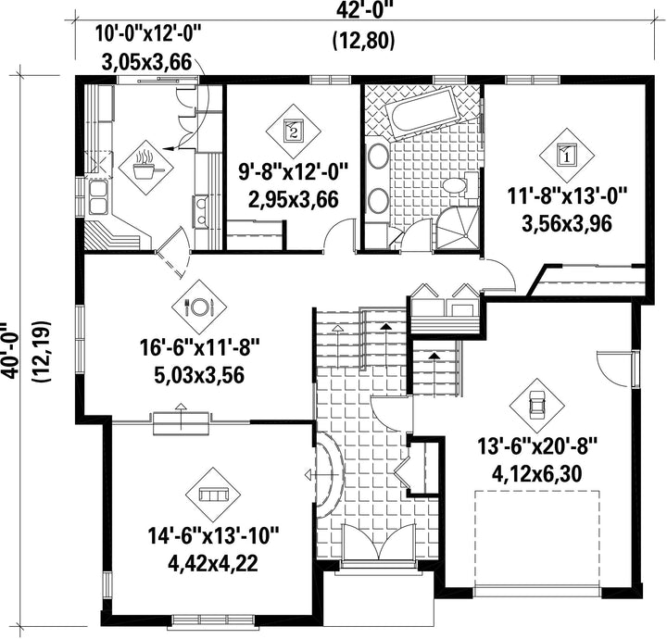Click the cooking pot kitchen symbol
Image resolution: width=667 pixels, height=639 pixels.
pyautogui.click(x=146, y=168)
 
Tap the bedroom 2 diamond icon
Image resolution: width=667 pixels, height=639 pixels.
pyautogui.click(x=293, y=132)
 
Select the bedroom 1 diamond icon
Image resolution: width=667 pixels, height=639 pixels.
pyautogui.click(x=567, y=156)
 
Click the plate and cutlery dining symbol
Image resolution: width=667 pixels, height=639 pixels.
pyautogui.click(x=199, y=307)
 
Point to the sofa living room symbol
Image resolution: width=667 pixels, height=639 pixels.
pyautogui.click(x=213, y=495)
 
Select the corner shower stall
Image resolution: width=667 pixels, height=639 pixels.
pyautogui.click(x=458, y=229)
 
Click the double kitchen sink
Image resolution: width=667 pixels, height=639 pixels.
pyautogui.click(x=98, y=197)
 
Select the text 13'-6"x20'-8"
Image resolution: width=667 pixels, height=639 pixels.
pyautogui.click(x=537, y=447)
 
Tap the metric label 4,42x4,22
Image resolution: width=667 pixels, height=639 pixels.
pyautogui.click(x=213, y=563)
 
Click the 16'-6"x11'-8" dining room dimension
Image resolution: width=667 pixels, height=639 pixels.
pyautogui.click(x=199, y=349)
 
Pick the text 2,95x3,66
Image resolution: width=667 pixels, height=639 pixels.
pyautogui.click(x=293, y=199)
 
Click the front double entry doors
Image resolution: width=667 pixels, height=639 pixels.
pyautogui.click(x=379, y=541)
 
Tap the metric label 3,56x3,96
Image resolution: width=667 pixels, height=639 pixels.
pyautogui.click(x=567, y=223)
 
